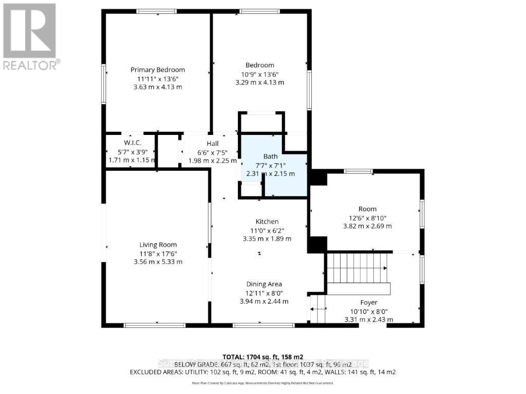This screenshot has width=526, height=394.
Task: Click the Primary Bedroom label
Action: [157, 70]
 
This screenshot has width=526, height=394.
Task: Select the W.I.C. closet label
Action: [132, 142]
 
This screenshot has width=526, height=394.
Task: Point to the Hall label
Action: [213, 144]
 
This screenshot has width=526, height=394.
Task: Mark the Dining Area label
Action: [264, 284]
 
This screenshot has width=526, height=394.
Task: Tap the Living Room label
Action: [158, 245]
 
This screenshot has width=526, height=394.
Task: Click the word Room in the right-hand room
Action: [367, 209]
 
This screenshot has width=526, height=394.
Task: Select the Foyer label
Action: [368, 303]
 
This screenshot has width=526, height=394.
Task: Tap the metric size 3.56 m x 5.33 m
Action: [158, 262]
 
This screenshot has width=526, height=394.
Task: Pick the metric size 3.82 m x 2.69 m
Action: [367, 226]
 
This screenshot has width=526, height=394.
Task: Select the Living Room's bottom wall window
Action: [155, 325]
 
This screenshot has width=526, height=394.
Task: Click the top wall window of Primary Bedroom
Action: [157, 11]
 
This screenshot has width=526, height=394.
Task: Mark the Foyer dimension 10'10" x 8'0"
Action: [368, 311]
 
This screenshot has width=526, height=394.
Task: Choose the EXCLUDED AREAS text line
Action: [263, 372]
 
